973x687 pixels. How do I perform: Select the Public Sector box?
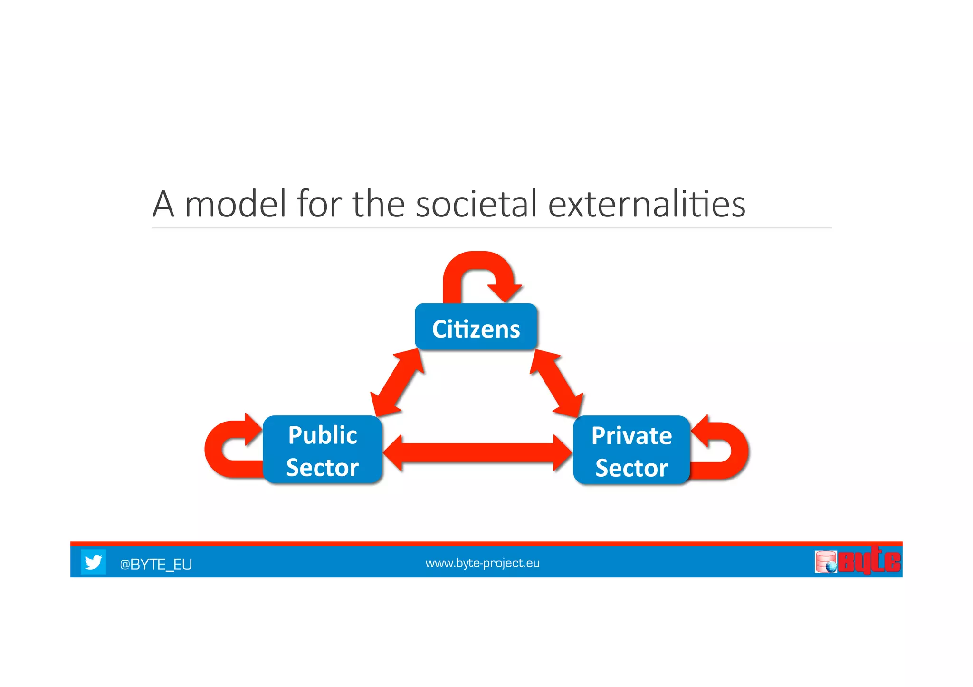tap(322, 450)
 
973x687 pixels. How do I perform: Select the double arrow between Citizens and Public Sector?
tap(397, 383)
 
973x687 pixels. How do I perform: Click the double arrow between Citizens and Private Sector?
tap(556, 383)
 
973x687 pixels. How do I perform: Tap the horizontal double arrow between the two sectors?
tap(477, 452)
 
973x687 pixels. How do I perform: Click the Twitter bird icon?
tap(93, 562)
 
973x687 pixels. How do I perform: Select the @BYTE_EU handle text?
tap(156, 564)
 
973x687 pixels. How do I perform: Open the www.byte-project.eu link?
tap(482, 563)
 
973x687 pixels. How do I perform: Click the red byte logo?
tap(868, 562)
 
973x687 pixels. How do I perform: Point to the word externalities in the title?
tap(647, 204)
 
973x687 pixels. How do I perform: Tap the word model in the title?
tap(236, 204)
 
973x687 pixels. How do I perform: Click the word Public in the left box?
tap(323, 435)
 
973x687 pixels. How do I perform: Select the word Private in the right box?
tap(631, 436)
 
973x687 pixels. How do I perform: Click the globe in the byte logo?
tap(831, 566)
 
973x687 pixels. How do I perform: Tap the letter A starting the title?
tap(163, 204)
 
